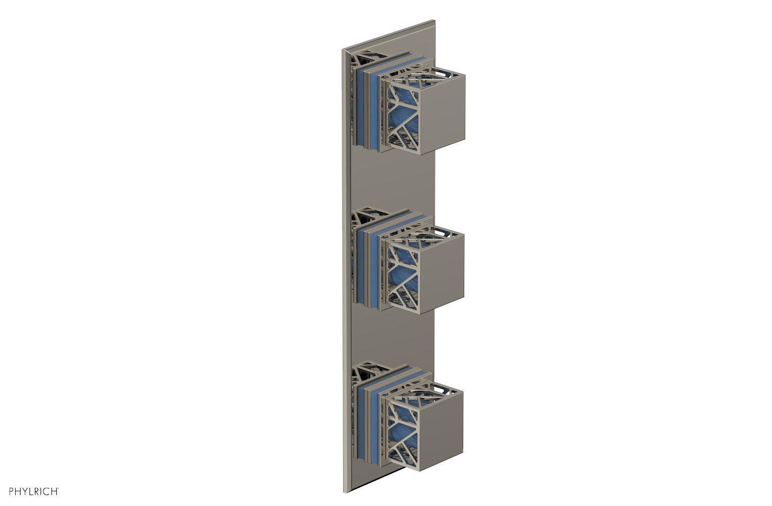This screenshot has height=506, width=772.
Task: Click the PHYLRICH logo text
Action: (31, 491)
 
